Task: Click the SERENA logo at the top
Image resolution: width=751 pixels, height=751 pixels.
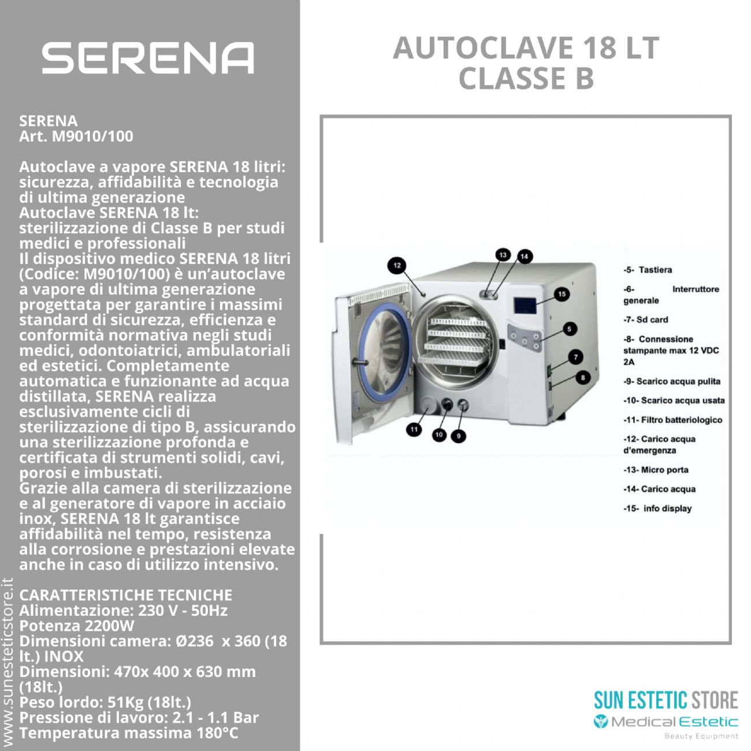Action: click(147, 58)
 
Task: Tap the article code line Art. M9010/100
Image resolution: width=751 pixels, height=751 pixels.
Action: click(76, 136)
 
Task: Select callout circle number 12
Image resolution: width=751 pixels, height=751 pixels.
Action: click(397, 266)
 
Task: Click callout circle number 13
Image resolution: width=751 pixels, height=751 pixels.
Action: click(503, 255)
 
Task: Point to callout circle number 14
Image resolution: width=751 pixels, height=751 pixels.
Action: click(524, 256)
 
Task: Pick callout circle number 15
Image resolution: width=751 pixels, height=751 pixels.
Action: click(561, 294)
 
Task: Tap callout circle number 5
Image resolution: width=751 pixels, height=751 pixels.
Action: click(569, 329)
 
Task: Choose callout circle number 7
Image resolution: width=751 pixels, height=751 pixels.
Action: click(575, 356)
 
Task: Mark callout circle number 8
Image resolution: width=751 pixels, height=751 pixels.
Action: click(582, 377)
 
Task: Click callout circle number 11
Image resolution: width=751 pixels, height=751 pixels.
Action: click(414, 429)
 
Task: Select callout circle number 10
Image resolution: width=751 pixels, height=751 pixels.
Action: click(439, 434)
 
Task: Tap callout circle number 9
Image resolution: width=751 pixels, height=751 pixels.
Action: click(459, 436)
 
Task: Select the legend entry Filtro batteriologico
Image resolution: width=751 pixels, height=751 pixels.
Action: click(672, 420)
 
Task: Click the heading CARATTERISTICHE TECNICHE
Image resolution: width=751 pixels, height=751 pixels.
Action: click(125, 595)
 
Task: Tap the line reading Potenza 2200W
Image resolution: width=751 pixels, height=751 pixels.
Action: click(77, 626)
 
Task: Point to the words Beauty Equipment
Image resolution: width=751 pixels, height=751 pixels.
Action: click(701, 736)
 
